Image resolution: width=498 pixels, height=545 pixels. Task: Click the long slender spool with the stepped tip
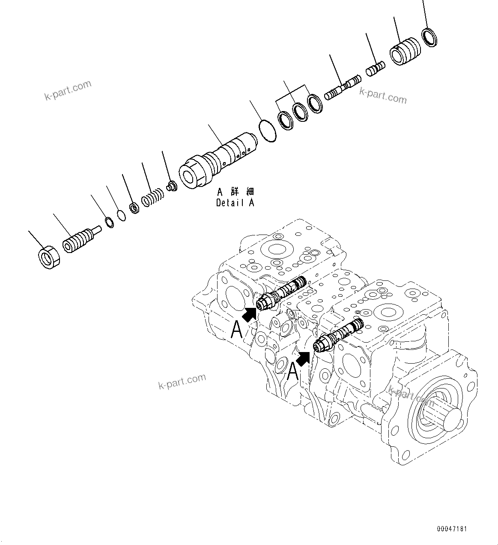(343, 87)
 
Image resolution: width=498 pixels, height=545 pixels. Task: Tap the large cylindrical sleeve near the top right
(405, 51)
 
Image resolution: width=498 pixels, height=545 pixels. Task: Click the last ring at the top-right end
(429, 37)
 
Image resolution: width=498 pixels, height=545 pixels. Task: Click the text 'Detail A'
(235, 203)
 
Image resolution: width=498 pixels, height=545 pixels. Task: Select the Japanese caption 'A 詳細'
(235, 191)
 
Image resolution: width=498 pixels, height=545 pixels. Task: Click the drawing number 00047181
(452, 529)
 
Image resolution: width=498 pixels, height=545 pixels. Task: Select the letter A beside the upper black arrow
(237, 331)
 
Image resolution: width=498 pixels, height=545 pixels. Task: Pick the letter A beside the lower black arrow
(292, 371)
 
